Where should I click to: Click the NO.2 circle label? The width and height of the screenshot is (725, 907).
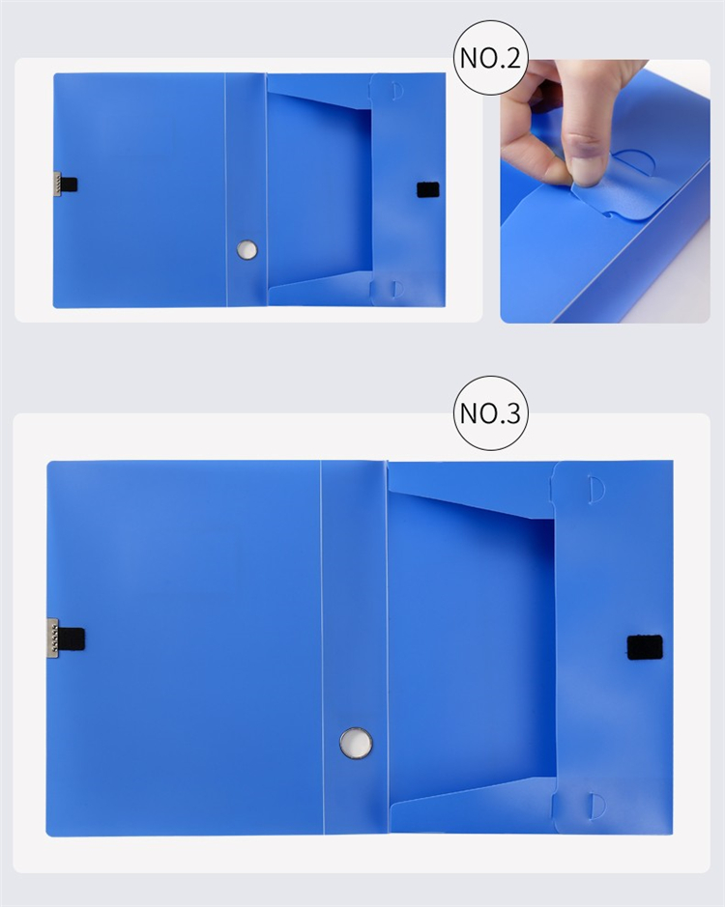[x=490, y=58]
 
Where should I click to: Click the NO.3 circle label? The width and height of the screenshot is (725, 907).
[x=490, y=413]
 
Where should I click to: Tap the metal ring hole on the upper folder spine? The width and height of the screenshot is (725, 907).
[x=247, y=250]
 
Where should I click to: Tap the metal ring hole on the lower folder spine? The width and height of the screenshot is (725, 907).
[x=356, y=744]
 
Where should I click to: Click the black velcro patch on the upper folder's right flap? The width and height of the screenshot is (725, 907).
[x=428, y=189]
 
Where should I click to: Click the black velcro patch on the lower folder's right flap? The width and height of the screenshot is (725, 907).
[x=645, y=647]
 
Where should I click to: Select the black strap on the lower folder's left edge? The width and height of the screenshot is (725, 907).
[x=72, y=638]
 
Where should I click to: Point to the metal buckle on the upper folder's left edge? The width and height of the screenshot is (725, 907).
[x=57, y=184]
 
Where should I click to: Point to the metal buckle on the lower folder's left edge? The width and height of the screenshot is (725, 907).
[x=52, y=638]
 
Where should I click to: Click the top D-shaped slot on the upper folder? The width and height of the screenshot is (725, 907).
[x=396, y=92]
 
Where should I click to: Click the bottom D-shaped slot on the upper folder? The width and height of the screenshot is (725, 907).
[x=396, y=289]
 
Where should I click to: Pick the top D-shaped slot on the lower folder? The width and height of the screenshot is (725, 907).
[x=595, y=490]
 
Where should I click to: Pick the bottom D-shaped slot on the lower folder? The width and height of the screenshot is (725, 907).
[x=596, y=807]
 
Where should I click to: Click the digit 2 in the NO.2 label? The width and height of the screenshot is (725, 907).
[x=511, y=58]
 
